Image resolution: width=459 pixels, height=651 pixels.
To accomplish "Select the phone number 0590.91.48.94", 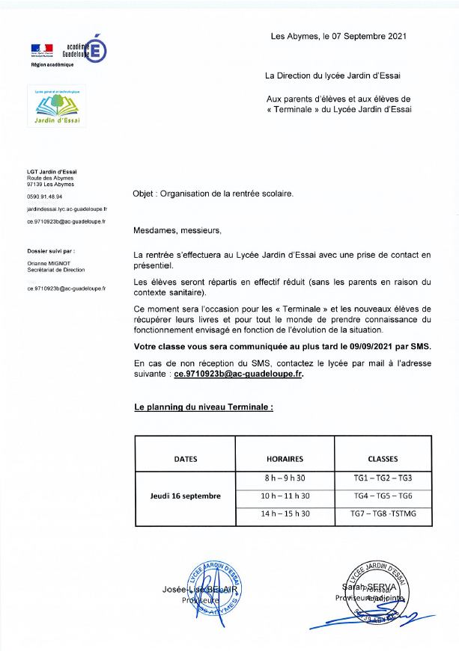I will [x=44, y=197].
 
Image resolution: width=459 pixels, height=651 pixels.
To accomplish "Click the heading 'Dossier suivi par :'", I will [x=51, y=252].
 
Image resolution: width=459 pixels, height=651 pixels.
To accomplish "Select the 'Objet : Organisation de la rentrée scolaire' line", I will [x=213, y=193].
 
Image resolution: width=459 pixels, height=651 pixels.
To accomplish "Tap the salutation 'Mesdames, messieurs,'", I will [x=177, y=230].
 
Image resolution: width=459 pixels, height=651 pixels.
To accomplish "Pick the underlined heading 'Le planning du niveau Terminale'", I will [x=203, y=408].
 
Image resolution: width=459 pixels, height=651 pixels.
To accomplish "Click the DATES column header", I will [x=186, y=459].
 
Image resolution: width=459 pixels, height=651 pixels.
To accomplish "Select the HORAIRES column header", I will [x=285, y=459].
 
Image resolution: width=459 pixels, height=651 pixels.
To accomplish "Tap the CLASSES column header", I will [x=383, y=459].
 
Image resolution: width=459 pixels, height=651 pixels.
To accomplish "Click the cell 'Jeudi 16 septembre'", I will [x=186, y=496].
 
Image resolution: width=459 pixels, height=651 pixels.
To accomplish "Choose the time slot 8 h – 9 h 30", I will [x=285, y=478].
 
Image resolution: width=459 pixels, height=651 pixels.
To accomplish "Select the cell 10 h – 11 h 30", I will [x=285, y=496].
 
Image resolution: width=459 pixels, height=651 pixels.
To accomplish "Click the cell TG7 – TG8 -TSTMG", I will [x=383, y=514].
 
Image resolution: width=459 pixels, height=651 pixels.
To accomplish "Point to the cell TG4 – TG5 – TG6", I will [x=383, y=496].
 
